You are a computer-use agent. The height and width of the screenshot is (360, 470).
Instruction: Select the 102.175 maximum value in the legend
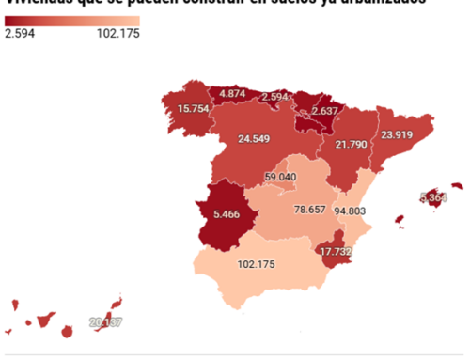tap(117, 34)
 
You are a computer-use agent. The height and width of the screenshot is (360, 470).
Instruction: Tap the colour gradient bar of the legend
tap(71, 20)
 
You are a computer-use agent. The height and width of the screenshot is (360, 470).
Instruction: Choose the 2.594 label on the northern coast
tap(275, 97)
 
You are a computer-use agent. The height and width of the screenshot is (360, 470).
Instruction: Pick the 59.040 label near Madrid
tap(280, 177)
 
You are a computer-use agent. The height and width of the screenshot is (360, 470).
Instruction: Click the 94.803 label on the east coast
tap(352, 211)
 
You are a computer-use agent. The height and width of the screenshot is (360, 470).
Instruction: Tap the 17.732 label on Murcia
tap(336, 252)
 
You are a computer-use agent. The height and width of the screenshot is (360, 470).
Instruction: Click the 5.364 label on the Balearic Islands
tap(433, 198)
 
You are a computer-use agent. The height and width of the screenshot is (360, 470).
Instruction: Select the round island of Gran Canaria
tap(68, 332)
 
